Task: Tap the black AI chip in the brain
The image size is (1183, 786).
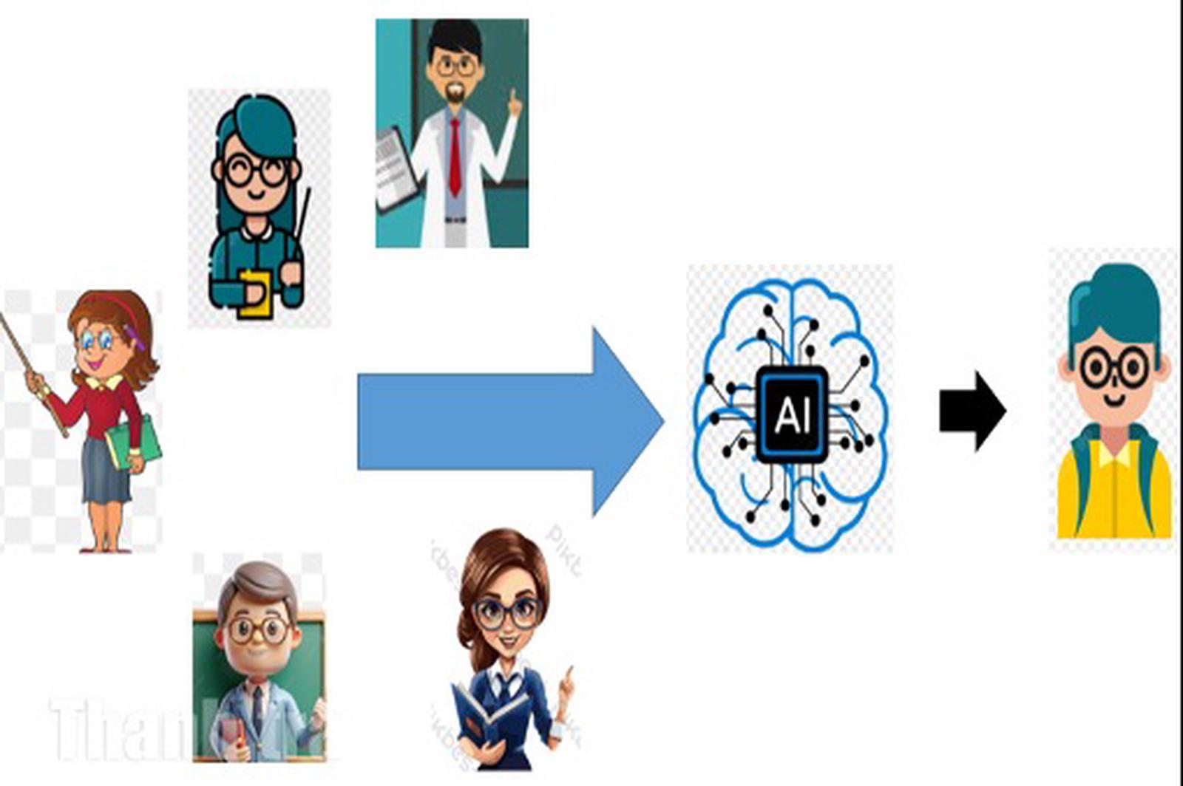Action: (x=792, y=414)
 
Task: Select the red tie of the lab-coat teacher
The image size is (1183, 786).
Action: (x=455, y=155)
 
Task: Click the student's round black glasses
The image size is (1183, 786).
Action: (x=1115, y=367)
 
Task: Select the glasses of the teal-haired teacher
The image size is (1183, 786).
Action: (x=255, y=171)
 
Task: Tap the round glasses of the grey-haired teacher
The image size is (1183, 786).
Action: (x=258, y=630)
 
